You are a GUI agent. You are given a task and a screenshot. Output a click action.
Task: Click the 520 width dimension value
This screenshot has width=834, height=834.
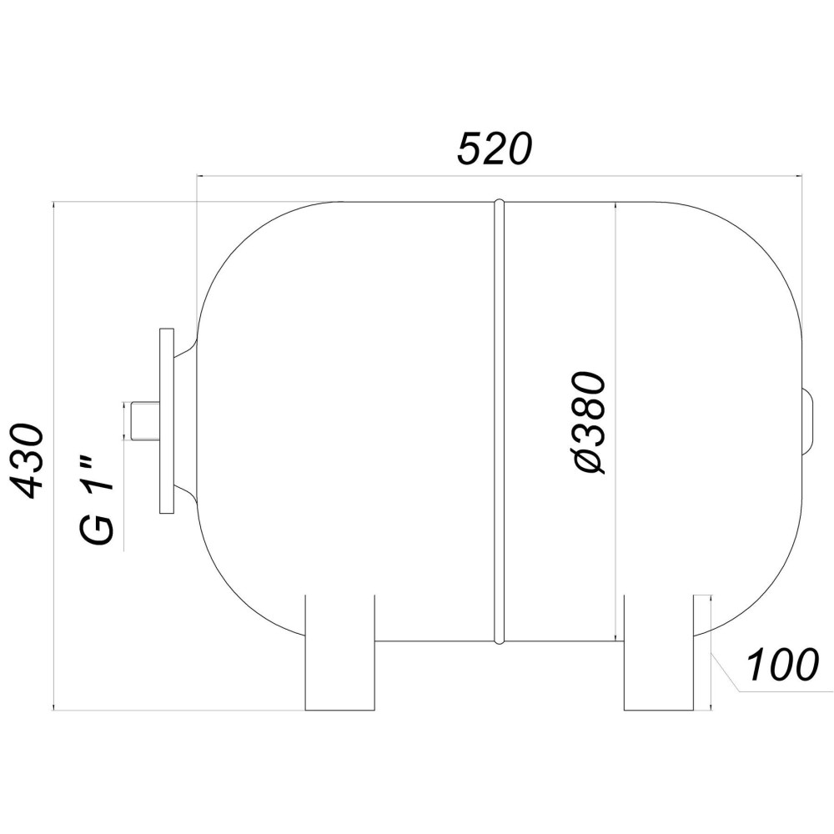495,149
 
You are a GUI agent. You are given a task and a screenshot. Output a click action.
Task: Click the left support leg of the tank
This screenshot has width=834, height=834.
340,652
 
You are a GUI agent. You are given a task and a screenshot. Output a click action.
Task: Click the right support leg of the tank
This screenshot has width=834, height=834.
659,652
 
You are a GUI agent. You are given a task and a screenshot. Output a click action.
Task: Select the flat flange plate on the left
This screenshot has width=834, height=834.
166,420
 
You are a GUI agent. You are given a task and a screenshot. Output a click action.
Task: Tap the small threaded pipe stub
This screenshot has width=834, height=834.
143,420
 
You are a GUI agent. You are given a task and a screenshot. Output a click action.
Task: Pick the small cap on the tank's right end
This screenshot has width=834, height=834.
807,421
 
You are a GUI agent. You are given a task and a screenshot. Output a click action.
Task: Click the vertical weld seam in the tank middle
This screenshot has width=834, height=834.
499,421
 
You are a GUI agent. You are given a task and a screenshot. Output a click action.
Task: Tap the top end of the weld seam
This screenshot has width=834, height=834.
499,203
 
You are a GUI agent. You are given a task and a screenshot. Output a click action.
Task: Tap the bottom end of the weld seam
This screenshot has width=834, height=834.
499,641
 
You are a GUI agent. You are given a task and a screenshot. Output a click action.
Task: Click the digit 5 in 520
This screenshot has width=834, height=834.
470,149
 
